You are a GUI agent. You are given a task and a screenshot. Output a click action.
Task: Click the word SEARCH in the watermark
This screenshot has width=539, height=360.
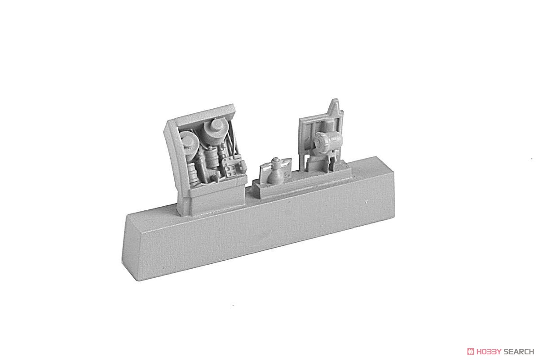518,351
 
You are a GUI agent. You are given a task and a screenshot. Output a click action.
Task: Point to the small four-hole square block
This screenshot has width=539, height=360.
230,171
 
